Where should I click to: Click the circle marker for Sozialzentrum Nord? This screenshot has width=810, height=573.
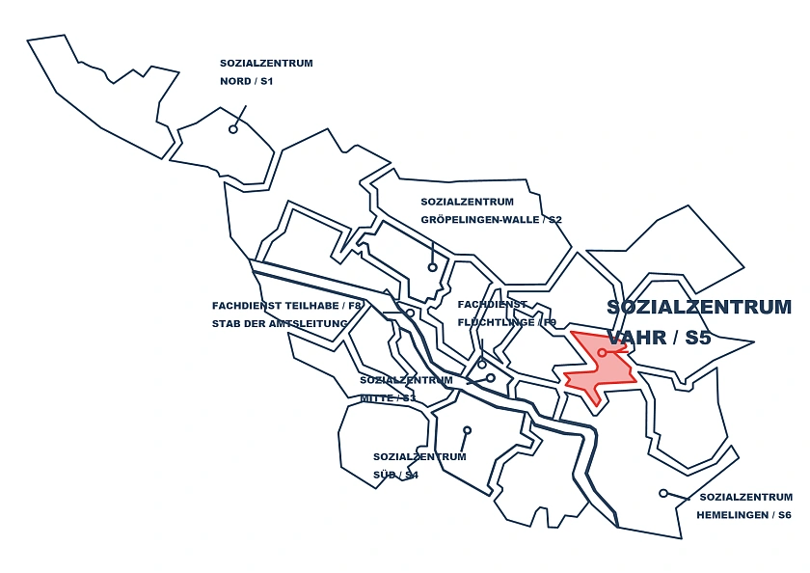click(233, 128)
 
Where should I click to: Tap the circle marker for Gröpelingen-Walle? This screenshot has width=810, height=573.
click(433, 267)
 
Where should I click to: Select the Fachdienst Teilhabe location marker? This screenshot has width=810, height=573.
click(410, 313)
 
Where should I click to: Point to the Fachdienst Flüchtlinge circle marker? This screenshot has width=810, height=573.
click(482, 365)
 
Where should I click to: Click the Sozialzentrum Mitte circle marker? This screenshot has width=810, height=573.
click(491, 378)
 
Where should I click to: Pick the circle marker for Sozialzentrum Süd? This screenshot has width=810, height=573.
click(467, 430)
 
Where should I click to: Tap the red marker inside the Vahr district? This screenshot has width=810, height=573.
click(602, 353)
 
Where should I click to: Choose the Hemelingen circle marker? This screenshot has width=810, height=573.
click(663, 493)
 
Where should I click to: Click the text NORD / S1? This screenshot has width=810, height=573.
click(247, 81)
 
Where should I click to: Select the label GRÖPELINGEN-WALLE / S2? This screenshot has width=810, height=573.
click(491, 220)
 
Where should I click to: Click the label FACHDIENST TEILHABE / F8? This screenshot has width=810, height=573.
click(287, 306)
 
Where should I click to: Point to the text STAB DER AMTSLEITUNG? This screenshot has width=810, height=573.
click(280, 324)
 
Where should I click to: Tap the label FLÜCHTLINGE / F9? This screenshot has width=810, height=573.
click(507, 322)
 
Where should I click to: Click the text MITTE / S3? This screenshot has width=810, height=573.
click(388, 397)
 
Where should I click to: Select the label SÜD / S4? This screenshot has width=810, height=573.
click(395, 475)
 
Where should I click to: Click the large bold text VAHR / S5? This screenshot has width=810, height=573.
click(659, 338)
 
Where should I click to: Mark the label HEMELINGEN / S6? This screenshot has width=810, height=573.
click(743, 515)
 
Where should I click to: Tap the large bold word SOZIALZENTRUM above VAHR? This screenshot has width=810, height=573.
click(699, 308)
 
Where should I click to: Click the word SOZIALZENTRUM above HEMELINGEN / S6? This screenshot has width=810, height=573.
click(745, 498)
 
